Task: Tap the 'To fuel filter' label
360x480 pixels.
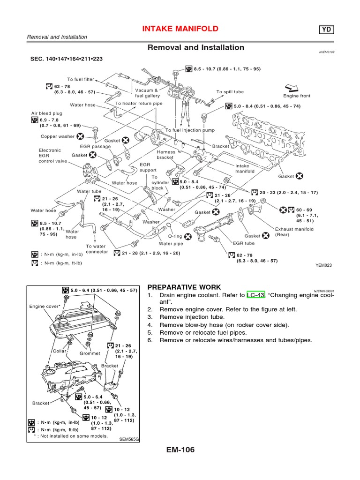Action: point(81,79)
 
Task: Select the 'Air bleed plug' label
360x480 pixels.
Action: point(47,113)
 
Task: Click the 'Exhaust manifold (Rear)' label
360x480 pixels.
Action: point(294,232)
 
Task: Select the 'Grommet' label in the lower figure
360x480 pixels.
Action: point(90,353)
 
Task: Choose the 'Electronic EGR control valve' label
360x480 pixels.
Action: point(50,156)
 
